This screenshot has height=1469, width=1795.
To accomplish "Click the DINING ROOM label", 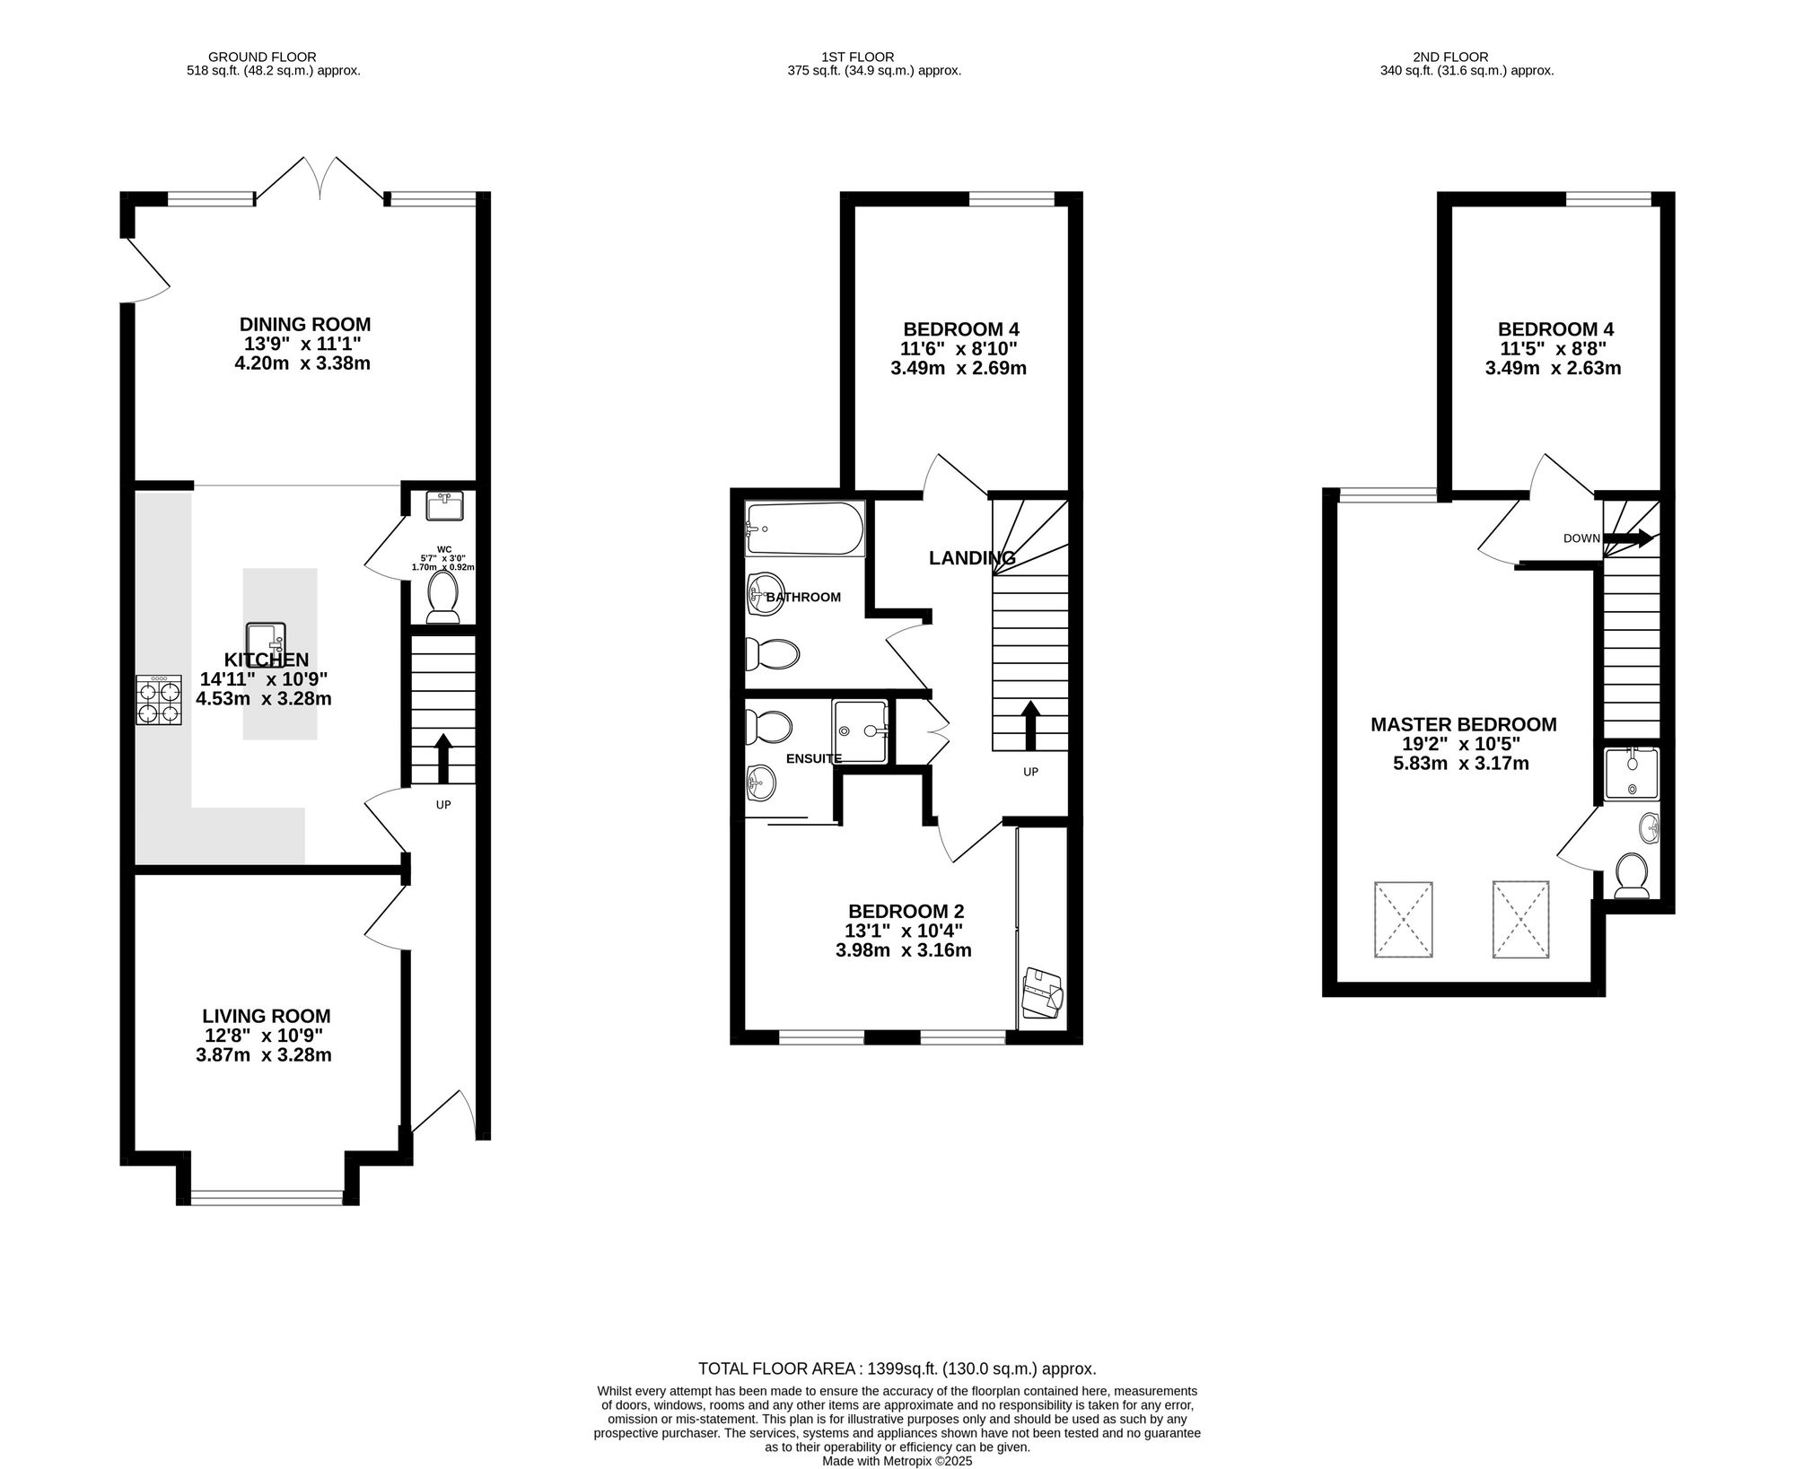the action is (305, 325).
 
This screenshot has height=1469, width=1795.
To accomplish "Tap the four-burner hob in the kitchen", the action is (160, 700).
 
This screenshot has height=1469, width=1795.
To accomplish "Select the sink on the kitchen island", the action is (266, 643).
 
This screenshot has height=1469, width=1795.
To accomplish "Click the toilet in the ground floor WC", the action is (442, 597).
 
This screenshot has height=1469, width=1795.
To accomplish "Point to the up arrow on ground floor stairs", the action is (443, 759).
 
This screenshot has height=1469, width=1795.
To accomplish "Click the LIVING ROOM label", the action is (267, 1017).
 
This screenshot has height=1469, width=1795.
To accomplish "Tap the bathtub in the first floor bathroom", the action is (804, 529).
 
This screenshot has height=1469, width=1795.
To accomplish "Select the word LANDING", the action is (972, 558).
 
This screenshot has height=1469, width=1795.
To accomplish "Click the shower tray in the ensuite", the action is (860, 731).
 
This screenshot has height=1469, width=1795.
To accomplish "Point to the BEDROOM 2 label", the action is (906, 912).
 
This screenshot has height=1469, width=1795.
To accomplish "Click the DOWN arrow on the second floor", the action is (1628, 538).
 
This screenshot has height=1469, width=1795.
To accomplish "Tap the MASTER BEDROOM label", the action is (1464, 724).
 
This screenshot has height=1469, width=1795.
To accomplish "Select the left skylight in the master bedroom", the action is (1403, 920).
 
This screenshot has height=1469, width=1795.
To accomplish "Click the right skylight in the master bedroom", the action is (1521, 920).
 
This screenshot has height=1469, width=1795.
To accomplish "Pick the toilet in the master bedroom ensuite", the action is (1632, 876).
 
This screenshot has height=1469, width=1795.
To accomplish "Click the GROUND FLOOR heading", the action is (262, 57).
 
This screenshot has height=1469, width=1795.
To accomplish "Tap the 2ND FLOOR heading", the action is (1463, 57).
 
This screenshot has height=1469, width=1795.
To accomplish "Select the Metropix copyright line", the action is (897, 1461).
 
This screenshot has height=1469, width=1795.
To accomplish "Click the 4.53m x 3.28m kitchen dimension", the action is (264, 698).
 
